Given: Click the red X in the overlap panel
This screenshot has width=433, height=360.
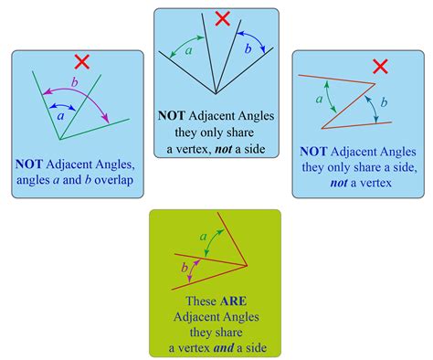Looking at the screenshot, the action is click(82, 62).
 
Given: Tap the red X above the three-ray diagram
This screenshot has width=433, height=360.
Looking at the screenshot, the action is click(223, 18).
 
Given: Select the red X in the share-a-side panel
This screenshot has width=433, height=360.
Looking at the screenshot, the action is click(380, 67).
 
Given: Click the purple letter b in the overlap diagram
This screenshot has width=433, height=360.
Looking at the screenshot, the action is click(74, 82).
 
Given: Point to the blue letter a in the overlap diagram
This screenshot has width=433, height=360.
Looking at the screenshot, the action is click(61, 116).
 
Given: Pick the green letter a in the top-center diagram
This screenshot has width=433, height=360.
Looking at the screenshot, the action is click(189, 50).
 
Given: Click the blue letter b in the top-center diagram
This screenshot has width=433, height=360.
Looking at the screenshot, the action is click(248, 48).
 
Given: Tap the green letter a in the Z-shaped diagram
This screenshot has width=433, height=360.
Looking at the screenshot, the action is click(319, 100).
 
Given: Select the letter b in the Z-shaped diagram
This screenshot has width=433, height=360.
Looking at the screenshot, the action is click(384, 102).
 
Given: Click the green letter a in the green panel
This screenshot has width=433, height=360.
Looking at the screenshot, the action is click(203, 237).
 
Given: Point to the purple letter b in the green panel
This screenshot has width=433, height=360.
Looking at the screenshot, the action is click(185, 268).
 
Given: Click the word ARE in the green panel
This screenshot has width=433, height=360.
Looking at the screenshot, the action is click(233, 302).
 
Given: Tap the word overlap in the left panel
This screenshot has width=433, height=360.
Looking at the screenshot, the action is click(114, 180).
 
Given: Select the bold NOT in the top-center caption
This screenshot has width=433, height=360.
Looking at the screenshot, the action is click(172, 116).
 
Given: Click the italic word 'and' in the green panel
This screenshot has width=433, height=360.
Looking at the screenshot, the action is click(224, 348).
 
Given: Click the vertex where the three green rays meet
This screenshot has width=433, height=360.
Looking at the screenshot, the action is click(60, 140).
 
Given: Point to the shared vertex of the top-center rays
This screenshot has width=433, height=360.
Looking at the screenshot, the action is click(216, 94).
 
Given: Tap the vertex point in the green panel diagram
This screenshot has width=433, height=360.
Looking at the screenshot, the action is click(247, 266).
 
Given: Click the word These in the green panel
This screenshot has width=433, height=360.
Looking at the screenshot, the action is click(201, 302).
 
